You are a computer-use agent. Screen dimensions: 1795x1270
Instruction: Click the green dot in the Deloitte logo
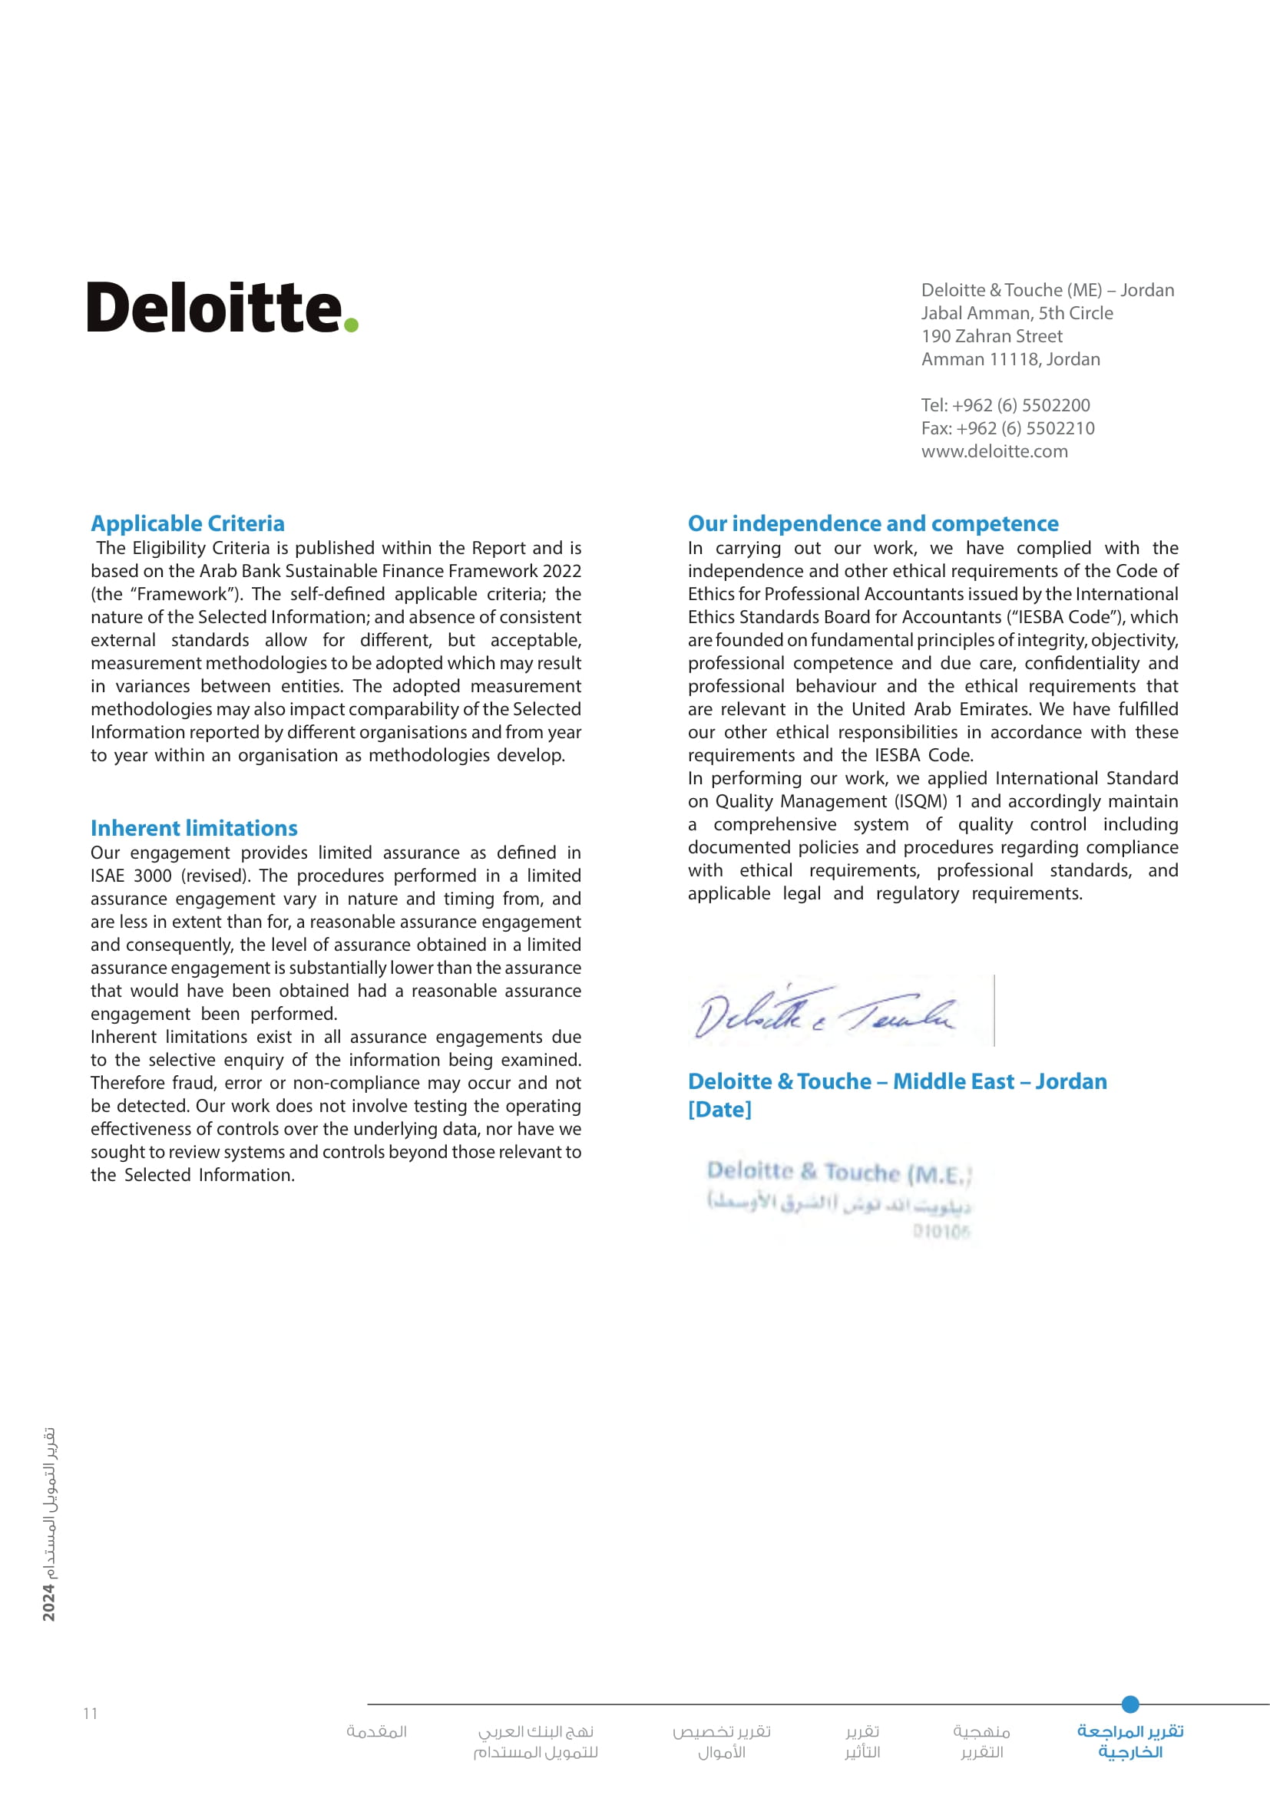[351, 325]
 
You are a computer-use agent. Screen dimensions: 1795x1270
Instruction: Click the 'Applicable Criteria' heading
[187, 523]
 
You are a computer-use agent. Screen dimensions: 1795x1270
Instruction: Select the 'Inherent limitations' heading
[194, 828]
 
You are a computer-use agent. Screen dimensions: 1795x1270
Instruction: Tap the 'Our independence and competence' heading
[873, 523]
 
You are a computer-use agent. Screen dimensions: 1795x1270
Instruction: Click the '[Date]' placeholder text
[719, 1110]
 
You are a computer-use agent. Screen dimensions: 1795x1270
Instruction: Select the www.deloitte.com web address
[994, 451]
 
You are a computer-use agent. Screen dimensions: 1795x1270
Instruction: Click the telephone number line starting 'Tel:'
[1005, 405]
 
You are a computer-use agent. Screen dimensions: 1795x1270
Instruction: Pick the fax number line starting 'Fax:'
[1007, 428]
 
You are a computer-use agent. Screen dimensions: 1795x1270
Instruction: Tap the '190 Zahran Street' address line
[991, 336]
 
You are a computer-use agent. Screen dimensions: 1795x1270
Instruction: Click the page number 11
[91, 1713]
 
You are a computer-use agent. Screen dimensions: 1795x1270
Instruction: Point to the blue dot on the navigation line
[1130, 1704]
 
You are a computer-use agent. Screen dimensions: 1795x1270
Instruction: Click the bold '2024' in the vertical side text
[48, 1602]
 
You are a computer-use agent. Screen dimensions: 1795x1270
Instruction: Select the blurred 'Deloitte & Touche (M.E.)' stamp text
[838, 1172]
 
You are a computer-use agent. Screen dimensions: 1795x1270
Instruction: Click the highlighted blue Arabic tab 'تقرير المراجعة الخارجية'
[1130, 1741]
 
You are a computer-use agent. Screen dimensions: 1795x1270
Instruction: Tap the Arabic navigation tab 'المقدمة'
[377, 1731]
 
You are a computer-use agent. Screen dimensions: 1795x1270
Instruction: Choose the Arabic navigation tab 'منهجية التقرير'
[981, 1741]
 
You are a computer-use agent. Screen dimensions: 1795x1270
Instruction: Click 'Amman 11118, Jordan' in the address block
[1010, 359]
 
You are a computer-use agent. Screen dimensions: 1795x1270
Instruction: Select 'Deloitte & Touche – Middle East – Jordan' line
[897, 1081]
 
